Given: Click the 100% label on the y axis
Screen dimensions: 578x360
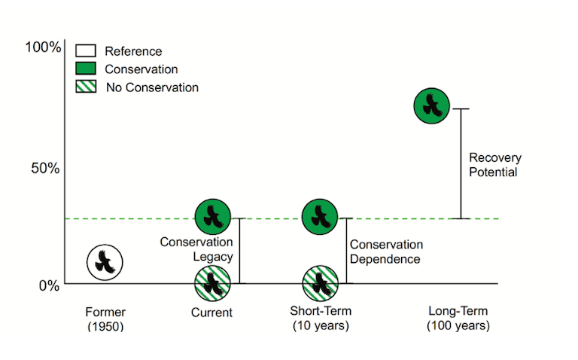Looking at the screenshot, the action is pyautogui.click(x=43, y=47).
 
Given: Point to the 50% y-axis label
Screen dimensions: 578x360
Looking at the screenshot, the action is pyautogui.click(x=45, y=168).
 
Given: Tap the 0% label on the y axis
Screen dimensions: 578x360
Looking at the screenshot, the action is pyautogui.click(x=49, y=285).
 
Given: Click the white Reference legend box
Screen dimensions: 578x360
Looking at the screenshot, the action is pyautogui.click(x=86, y=50).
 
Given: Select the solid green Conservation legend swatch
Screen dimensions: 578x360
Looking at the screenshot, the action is pyautogui.click(x=86, y=69).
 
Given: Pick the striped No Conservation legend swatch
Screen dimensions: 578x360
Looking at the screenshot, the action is pyautogui.click(x=86, y=87).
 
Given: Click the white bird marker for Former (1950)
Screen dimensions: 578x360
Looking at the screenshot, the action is pyautogui.click(x=105, y=262).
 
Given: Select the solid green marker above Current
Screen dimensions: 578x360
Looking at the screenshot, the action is pyautogui.click(x=213, y=217).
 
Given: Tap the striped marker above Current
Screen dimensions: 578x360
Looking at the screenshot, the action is pyautogui.click(x=212, y=284).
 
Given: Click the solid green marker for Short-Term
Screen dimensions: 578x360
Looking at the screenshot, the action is pyautogui.click(x=320, y=217).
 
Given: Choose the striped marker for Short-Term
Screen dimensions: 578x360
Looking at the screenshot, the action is pyautogui.click(x=320, y=284).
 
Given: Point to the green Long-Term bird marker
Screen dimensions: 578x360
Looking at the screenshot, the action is pyautogui.click(x=432, y=106).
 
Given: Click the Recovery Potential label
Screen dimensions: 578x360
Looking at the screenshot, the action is pyautogui.click(x=495, y=165).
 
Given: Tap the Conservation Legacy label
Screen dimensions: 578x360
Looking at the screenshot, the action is pyautogui.click(x=196, y=249).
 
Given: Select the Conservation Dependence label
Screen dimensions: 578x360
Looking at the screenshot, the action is pyautogui.click(x=386, y=252).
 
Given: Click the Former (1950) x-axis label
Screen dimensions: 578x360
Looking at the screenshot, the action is pyautogui.click(x=105, y=319).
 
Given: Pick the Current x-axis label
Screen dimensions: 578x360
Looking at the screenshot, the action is pyautogui.click(x=211, y=313).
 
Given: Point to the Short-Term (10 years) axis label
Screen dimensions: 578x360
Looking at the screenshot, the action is pyautogui.click(x=321, y=318).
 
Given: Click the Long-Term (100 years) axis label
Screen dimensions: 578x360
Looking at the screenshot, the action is pyautogui.click(x=458, y=318).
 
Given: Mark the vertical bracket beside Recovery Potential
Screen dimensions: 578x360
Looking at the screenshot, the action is pyautogui.click(x=461, y=163).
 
